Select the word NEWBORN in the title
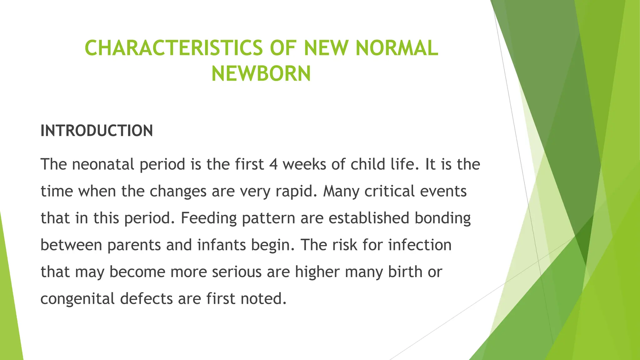tap(261, 74)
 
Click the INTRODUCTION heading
tap(97, 131)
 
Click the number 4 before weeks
tap(273, 164)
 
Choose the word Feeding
tap(208, 218)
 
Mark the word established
tap(369, 218)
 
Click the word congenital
tap(77, 299)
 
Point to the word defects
tap(146, 299)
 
